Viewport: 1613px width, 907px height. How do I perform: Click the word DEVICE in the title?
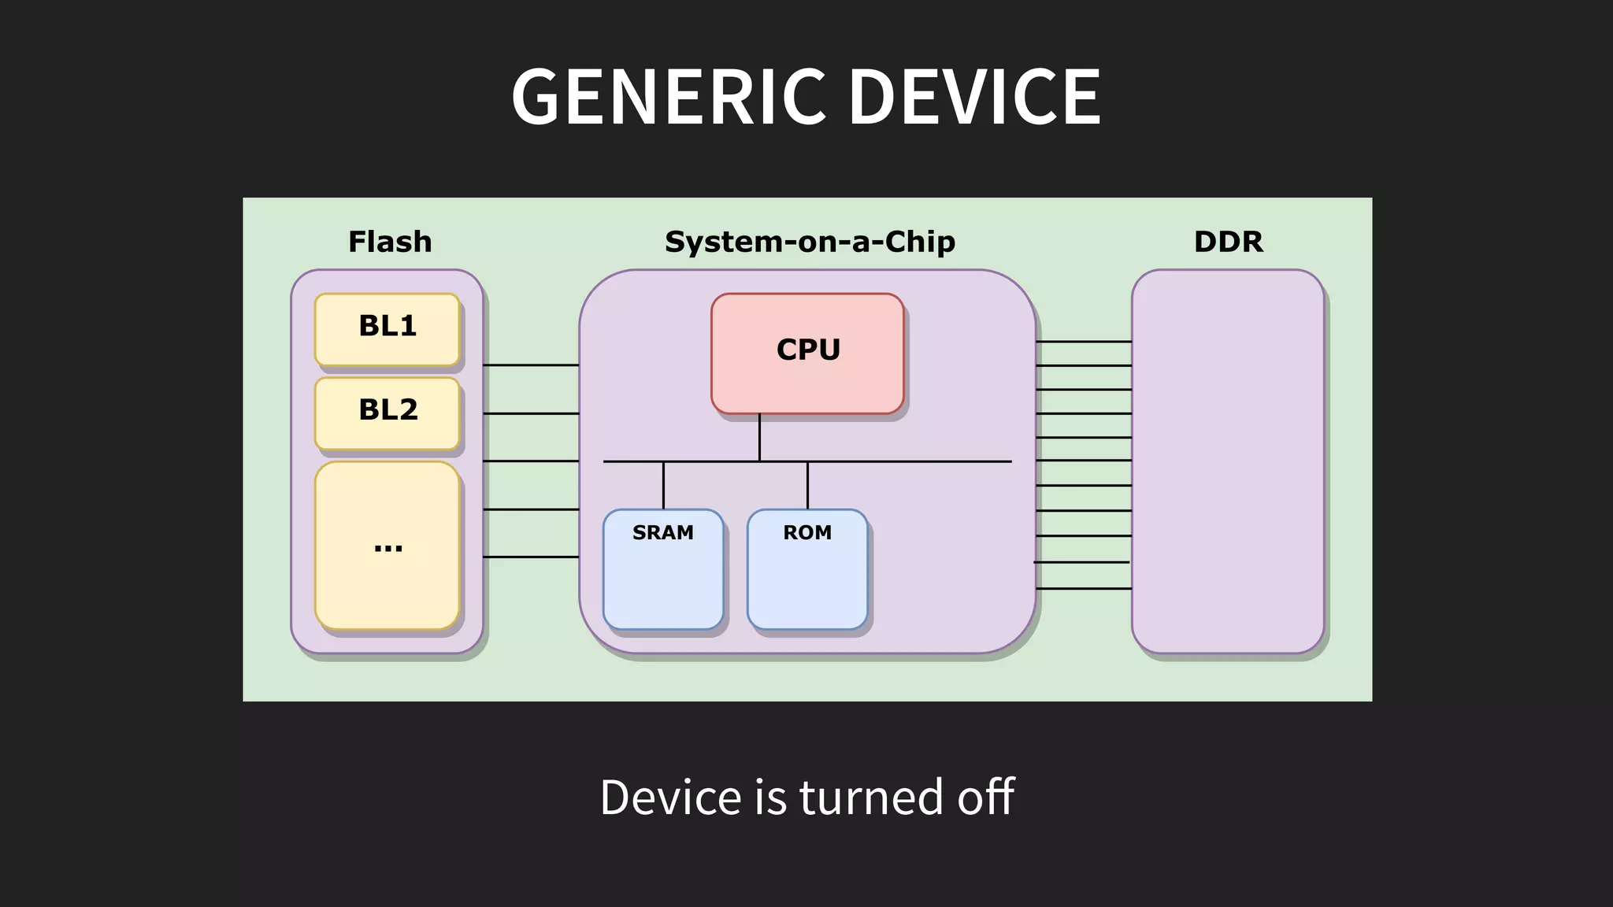coord(974,97)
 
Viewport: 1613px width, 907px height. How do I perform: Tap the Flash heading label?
coord(390,242)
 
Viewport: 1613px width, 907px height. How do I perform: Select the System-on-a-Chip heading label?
coord(810,242)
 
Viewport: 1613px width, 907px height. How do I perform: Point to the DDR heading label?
coord(1228,242)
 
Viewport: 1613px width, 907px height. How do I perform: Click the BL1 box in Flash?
coord(387,329)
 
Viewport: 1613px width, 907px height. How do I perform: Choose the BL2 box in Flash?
coord(387,413)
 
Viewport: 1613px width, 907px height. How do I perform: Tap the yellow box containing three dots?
coord(387,545)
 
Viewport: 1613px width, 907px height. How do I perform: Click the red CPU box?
coord(807,353)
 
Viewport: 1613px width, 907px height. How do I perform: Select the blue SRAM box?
coord(663,569)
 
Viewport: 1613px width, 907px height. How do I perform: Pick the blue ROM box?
coord(807,569)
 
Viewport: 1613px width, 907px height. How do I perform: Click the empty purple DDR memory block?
coord(1228,461)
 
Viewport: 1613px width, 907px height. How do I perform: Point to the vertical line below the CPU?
coord(759,437)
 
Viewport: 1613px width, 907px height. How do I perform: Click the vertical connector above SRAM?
coord(663,485)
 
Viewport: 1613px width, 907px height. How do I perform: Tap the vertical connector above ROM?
coord(807,485)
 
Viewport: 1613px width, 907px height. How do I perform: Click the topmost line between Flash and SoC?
coord(530,365)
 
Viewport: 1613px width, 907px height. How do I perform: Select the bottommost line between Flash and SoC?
coord(530,557)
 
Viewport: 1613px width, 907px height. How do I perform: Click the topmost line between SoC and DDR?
coord(1084,342)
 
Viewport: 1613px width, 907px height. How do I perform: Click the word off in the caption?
coord(985,797)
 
